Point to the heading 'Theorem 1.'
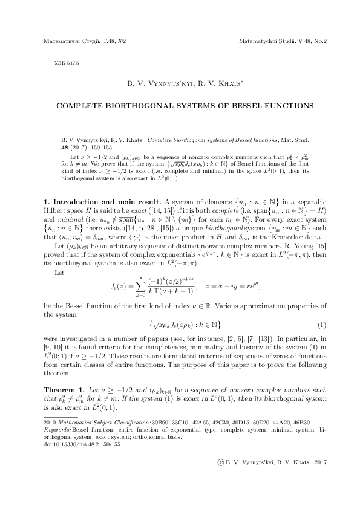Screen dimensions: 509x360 (x=62, y=389)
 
